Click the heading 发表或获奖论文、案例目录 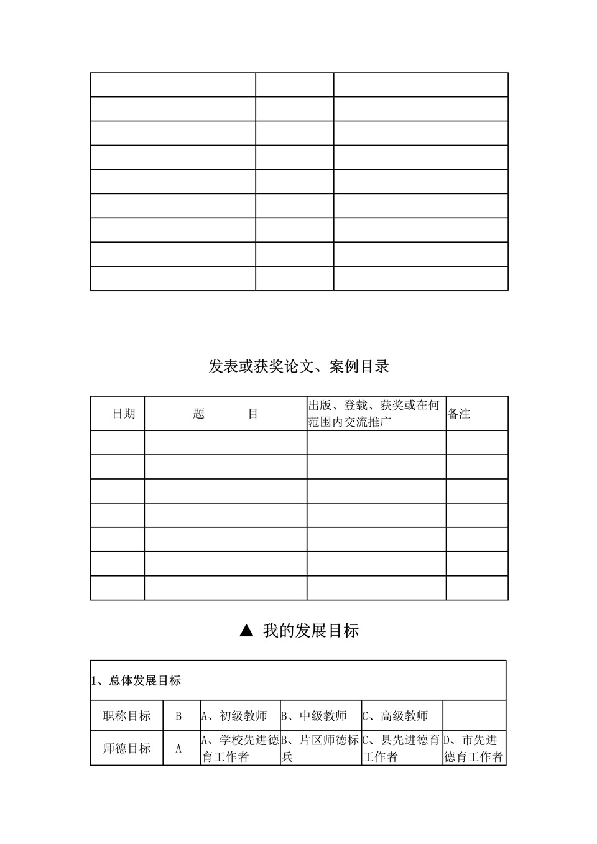[x=298, y=366]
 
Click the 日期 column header [x=123, y=414]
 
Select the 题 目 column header [x=225, y=414]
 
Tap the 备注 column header [x=459, y=414]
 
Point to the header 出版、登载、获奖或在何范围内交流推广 [x=374, y=414]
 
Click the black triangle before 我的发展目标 [x=246, y=631]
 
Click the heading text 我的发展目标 [x=310, y=631]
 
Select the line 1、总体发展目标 [x=136, y=681]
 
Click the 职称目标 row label [x=127, y=716]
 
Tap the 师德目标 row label [x=127, y=748]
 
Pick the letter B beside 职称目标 [x=178, y=716]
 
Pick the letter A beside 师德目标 [x=178, y=749]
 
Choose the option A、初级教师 [x=234, y=716]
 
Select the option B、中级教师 [x=314, y=716]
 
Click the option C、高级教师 [x=396, y=716]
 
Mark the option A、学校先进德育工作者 [x=239, y=748]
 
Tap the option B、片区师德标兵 [x=320, y=748]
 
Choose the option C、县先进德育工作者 [x=401, y=748]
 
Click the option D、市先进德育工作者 [x=473, y=748]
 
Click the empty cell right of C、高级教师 [x=474, y=716]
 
